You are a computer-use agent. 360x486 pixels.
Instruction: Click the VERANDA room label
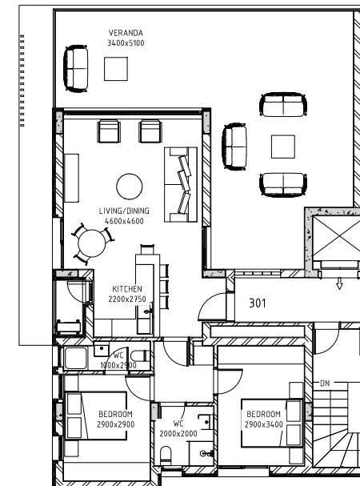coord(126,33)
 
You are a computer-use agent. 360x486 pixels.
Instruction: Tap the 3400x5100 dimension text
coord(126,43)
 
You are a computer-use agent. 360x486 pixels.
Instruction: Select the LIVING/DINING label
coord(124,211)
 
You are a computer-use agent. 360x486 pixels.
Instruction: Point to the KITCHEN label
coord(127,289)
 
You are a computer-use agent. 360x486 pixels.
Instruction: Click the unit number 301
coord(258,303)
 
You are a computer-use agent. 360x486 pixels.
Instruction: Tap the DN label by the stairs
coord(325,384)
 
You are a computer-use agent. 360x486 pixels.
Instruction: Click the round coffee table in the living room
coord(130,187)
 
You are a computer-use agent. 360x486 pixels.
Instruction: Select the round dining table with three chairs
coord(92,243)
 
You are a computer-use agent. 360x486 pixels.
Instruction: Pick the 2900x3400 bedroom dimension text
coord(264,424)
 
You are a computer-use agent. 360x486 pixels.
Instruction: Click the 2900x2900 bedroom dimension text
coord(115,424)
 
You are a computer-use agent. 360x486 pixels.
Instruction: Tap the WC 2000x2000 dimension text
coord(178,434)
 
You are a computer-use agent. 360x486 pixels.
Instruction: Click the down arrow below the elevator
coord(339,283)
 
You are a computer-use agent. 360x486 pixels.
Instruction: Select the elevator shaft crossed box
coord(337,238)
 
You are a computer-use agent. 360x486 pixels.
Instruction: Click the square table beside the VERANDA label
coord(116,69)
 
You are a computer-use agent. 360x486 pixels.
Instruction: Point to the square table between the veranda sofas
coord(283,147)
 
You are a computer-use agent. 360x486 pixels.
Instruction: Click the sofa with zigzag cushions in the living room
coord(181,185)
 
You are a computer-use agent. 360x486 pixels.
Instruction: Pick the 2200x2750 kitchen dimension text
coord(127,299)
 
